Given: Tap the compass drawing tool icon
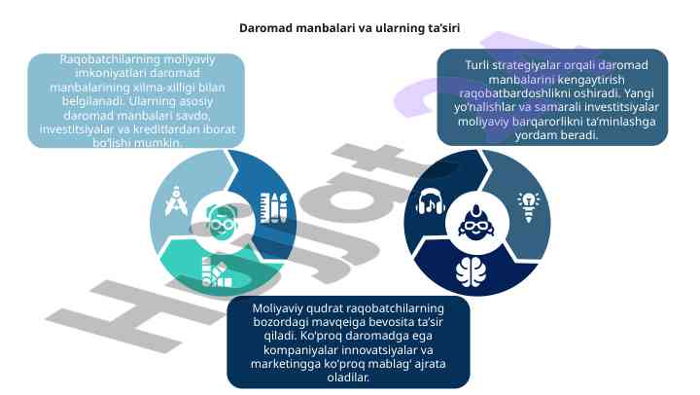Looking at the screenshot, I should [x=174, y=202].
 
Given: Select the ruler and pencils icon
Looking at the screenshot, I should [x=273, y=207].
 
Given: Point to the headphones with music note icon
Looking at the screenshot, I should [x=430, y=202].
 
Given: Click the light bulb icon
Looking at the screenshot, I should [x=529, y=202].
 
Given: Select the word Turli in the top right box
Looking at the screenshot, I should [x=476, y=65].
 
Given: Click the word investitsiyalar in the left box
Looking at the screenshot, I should [x=82, y=129].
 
